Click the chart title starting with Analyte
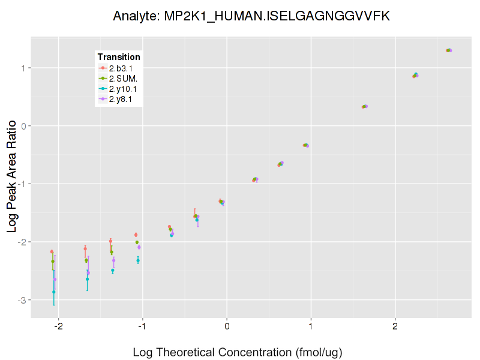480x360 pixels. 251,16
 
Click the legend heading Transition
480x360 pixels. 119,57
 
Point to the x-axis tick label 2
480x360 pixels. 395,326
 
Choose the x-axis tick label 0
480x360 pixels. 227,326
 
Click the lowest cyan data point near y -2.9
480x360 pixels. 54,292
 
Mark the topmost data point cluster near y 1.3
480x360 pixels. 449,50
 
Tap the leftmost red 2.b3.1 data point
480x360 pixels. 52,251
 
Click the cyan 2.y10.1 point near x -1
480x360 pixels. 138,260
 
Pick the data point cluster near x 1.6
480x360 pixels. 365,107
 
